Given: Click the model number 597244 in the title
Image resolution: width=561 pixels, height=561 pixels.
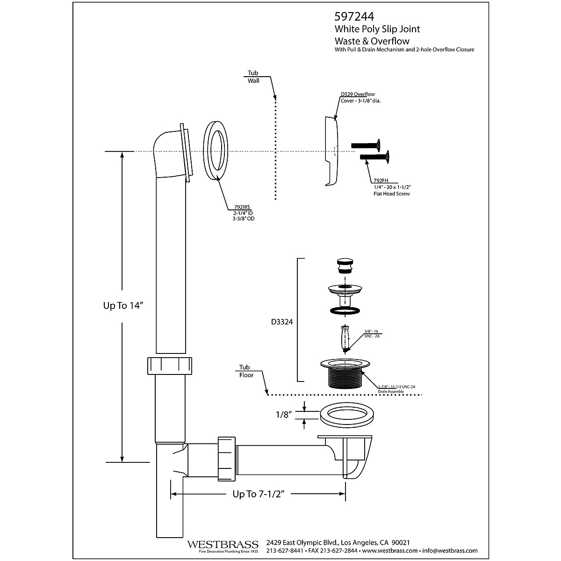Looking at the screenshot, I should (x=354, y=17).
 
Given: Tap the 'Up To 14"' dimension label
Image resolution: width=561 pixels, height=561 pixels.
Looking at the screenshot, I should (x=122, y=305).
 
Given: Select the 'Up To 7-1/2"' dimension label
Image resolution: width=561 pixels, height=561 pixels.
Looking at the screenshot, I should (x=259, y=494).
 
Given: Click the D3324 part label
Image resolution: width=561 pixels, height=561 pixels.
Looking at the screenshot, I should (x=282, y=322).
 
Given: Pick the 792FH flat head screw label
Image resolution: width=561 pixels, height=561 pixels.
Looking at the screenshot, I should (x=380, y=180).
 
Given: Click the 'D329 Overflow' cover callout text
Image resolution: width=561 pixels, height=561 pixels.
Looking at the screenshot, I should (x=358, y=94).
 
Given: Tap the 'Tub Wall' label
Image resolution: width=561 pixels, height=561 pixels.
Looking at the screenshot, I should (x=253, y=77).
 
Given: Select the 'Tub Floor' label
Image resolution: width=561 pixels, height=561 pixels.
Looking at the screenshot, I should (x=246, y=371).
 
